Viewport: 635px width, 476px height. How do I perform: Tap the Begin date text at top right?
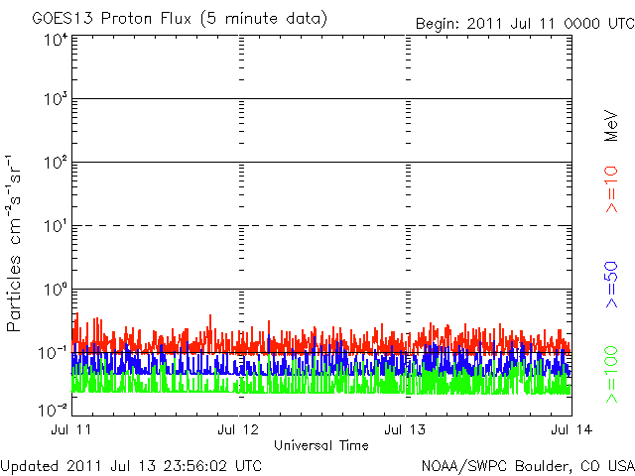pos(525,24)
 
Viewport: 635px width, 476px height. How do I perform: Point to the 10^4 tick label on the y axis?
pos(56,41)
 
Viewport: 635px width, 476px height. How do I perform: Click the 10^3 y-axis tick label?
pos(56,99)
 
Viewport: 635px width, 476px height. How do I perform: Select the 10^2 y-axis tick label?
pos(56,163)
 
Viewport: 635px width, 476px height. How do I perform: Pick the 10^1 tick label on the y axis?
pos(56,226)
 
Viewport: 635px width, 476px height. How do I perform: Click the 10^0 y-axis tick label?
pos(56,290)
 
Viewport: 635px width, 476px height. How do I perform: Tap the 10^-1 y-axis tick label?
pos(53,353)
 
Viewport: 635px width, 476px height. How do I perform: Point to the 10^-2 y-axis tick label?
pos(53,410)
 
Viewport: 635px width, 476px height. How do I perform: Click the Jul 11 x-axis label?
pos(71,429)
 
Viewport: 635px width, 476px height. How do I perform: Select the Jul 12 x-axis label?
pos(238,429)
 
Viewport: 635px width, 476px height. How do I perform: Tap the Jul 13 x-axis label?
pos(405,429)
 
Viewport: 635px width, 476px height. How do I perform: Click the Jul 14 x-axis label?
pos(571,429)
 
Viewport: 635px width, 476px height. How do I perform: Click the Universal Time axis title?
pos(321,445)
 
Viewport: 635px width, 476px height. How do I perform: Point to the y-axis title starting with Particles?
pos(13,243)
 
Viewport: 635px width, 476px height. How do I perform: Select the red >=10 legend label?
pos(612,189)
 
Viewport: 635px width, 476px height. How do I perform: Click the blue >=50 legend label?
pos(612,285)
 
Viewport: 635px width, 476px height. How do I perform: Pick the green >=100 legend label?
pos(612,375)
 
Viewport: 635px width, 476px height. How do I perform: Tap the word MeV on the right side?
pos(611,126)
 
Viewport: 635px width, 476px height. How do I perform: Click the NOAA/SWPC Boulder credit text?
pos(528,466)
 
